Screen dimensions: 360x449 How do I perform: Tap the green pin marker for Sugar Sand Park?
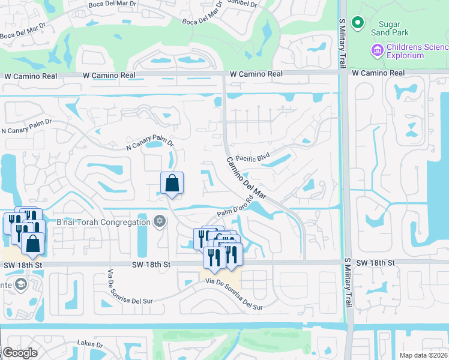358,23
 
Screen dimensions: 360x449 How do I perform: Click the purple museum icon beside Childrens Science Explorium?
378,50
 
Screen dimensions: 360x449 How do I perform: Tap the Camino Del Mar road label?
246,178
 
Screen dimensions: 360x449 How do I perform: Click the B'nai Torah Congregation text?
103,223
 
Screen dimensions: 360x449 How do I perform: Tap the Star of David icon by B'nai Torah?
159,222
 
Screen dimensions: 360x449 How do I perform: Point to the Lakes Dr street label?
90,344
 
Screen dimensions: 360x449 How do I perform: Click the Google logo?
20,353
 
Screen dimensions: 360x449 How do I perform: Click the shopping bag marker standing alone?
172,183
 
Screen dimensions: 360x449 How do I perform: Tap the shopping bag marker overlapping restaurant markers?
32,244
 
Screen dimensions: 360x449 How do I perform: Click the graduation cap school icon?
20,284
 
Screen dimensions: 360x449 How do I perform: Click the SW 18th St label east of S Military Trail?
375,263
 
